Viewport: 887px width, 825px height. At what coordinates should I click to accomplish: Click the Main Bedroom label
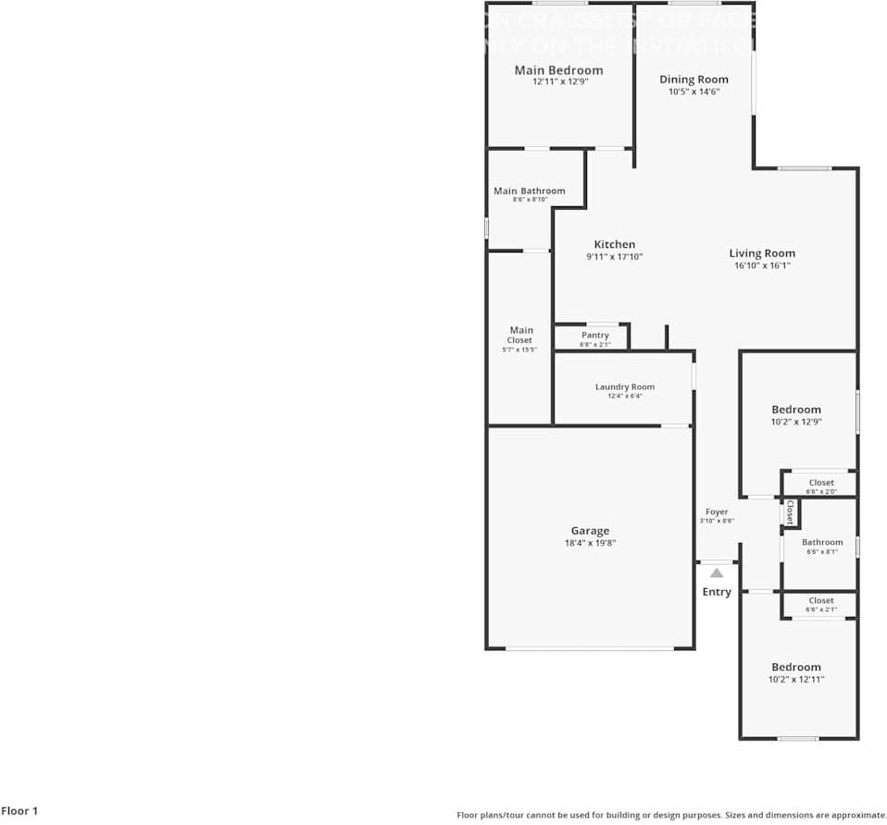pyautogui.click(x=558, y=70)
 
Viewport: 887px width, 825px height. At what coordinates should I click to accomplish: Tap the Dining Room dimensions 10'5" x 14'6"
pyautogui.click(x=693, y=92)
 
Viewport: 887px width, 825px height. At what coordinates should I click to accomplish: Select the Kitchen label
pyautogui.click(x=615, y=245)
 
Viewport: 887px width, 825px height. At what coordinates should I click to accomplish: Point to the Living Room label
pyautogui.click(x=762, y=253)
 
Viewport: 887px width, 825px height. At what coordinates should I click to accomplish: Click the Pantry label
pyautogui.click(x=595, y=335)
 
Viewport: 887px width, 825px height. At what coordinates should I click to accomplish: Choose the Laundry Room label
pyautogui.click(x=625, y=387)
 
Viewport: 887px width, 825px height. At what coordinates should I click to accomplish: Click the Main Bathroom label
pyautogui.click(x=529, y=191)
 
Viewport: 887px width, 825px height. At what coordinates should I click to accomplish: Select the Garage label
pyautogui.click(x=590, y=531)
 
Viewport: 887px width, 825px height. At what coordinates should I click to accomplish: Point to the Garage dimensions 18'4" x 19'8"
pyautogui.click(x=590, y=544)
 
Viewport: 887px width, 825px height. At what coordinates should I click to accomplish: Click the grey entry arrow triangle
pyautogui.click(x=717, y=573)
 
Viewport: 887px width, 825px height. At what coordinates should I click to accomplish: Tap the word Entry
pyautogui.click(x=717, y=592)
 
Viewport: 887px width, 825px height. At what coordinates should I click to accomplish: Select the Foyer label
pyautogui.click(x=717, y=511)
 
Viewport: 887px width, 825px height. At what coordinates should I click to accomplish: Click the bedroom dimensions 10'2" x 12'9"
pyautogui.click(x=796, y=422)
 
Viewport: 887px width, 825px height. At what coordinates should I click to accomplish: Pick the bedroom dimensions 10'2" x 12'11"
pyautogui.click(x=796, y=679)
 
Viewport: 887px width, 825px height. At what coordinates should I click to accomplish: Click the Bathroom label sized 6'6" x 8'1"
pyautogui.click(x=822, y=542)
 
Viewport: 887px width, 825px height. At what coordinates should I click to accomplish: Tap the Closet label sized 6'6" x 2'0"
pyautogui.click(x=821, y=483)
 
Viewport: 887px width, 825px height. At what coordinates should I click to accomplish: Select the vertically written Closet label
pyautogui.click(x=790, y=511)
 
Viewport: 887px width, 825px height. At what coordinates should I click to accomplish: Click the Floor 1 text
pyautogui.click(x=19, y=811)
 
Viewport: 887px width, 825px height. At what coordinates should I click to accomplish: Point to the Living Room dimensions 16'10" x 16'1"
pyautogui.click(x=762, y=265)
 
